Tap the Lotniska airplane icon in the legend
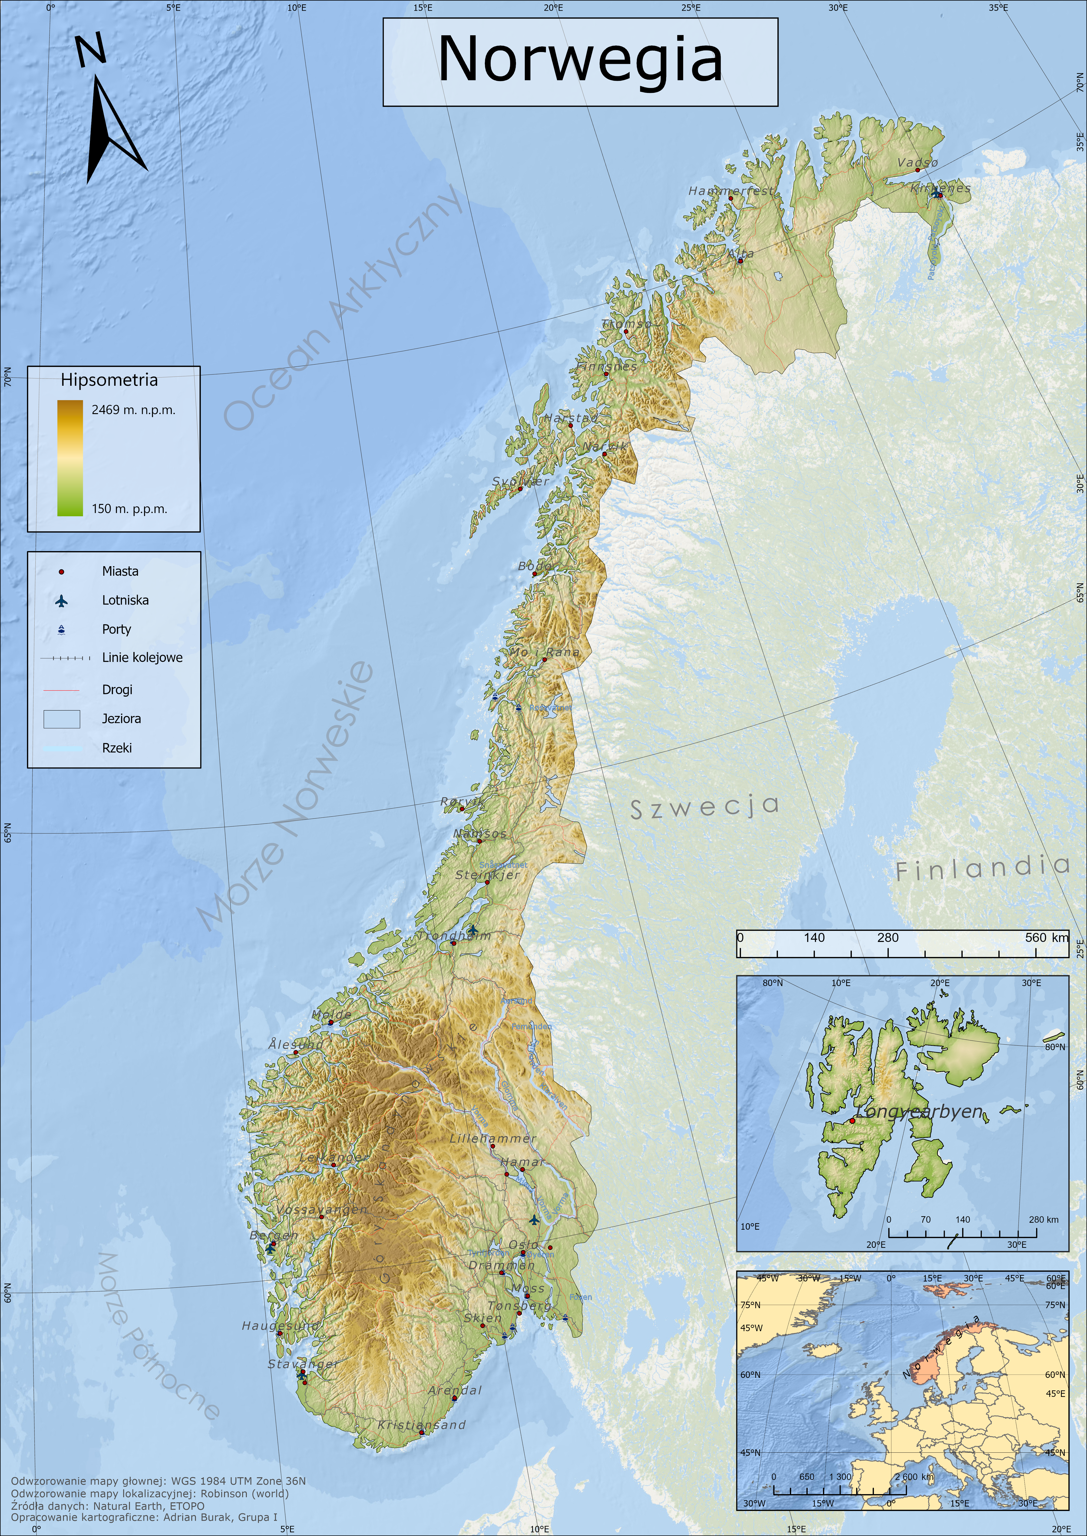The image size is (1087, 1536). coord(62,600)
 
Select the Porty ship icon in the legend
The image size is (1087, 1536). coord(62,629)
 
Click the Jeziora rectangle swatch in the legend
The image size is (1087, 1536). coord(62,719)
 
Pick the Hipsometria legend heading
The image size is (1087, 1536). coord(109,380)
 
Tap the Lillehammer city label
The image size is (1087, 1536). coord(493,1138)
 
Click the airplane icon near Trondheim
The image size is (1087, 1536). coord(472,930)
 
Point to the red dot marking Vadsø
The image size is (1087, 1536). coord(918,170)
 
